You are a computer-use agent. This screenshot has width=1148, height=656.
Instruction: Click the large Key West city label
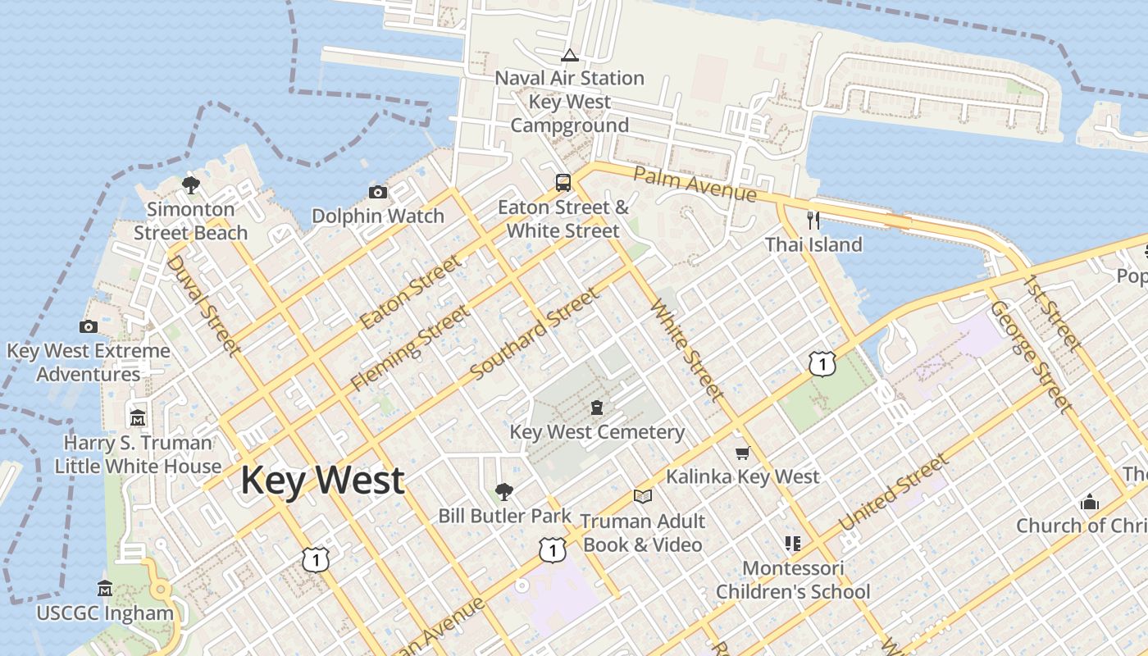(x=322, y=480)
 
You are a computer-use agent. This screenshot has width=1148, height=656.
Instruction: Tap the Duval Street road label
(x=203, y=305)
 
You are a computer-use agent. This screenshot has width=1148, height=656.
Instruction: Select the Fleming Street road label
(x=411, y=347)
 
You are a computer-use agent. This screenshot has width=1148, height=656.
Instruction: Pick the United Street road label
(x=893, y=493)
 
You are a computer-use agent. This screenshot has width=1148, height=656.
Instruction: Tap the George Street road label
(x=1031, y=357)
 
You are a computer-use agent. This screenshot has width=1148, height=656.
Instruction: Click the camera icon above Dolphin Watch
(x=378, y=193)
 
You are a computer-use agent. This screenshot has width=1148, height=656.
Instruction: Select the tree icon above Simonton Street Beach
(x=191, y=185)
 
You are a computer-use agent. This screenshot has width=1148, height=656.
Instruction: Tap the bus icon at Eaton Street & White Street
(x=563, y=182)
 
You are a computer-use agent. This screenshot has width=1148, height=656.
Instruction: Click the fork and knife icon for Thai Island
(x=813, y=220)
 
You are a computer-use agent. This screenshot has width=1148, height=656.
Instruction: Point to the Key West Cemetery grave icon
(x=597, y=408)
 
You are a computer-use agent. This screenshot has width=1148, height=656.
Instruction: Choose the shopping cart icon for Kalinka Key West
(x=743, y=453)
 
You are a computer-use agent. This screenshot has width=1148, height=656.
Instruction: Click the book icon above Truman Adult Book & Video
(x=643, y=496)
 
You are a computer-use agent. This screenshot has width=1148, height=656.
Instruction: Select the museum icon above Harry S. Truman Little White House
(x=138, y=417)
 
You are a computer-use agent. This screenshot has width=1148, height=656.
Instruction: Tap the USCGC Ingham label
(x=105, y=613)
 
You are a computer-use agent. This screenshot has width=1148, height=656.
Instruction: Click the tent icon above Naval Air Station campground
(x=570, y=56)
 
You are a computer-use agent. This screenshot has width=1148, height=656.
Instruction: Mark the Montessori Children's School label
(x=793, y=579)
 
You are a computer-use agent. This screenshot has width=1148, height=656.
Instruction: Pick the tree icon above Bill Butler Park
(x=504, y=492)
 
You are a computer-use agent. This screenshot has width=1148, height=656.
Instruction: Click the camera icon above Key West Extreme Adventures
(x=89, y=326)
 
